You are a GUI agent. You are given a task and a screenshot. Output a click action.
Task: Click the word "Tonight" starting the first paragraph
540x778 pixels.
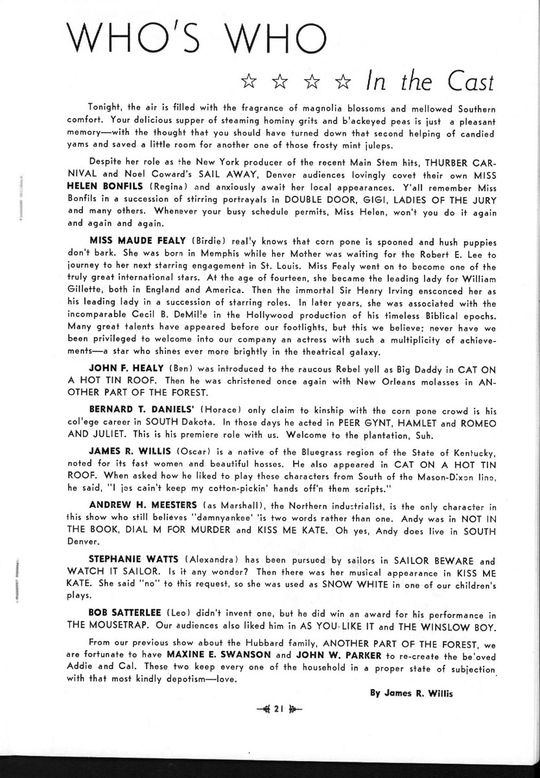point(103,106)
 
